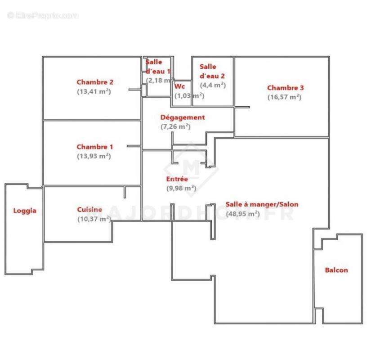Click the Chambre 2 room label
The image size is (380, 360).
[x=94, y=82]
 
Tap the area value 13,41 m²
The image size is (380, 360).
[x=94, y=91]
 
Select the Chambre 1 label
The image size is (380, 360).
[x=94, y=147]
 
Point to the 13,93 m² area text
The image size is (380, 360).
[x=94, y=156]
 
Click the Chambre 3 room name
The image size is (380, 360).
[x=285, y=88]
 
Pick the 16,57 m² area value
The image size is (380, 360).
[x=284, y=97]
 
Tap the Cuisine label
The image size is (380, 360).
[x=89, y=209]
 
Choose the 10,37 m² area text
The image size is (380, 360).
[x=94, y=219]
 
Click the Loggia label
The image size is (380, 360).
[x=25, y=210]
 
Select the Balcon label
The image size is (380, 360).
[x=336, y=270]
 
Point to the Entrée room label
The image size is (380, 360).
[x=177, y=179]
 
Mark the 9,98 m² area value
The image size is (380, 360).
[x=181, y=188]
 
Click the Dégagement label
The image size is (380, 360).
[x=183, y=117]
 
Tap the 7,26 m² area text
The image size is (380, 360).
[x=175, y=126]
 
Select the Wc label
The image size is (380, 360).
[x=179, y=86]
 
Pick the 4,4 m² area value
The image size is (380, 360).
[x=212, y=85]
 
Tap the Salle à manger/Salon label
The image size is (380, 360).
[x=262, y=204]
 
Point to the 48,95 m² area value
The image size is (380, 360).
[x=242, y=214]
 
